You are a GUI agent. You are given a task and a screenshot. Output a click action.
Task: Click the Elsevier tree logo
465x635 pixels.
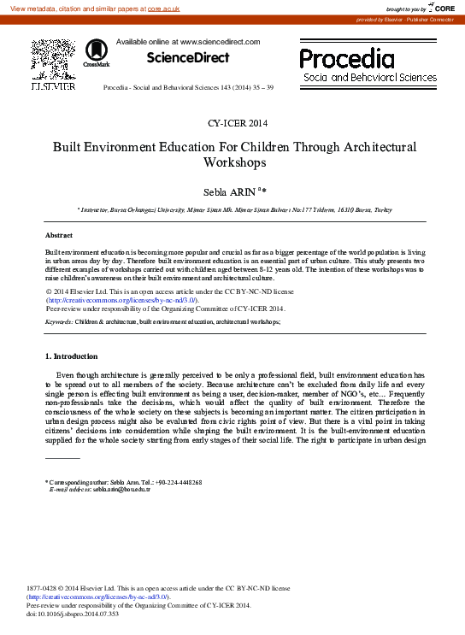(53, 60)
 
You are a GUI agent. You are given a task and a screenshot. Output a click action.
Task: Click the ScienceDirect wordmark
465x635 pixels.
(188, 58)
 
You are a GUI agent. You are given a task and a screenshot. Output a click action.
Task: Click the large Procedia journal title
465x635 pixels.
(347, 58)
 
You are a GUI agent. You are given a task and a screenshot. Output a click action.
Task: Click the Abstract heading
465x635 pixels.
(59, 235)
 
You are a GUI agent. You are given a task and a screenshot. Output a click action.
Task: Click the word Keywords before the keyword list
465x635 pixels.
(58, 321)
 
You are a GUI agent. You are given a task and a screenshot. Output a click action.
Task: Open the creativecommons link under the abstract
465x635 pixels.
(122, 301)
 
